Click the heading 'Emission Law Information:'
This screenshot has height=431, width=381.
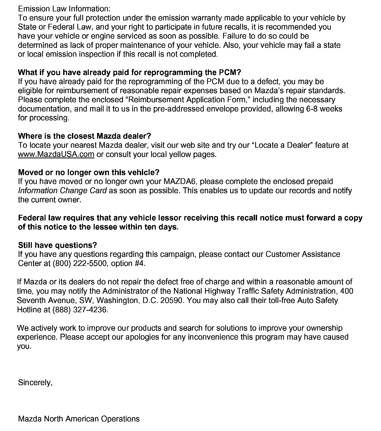(x=64, y=9)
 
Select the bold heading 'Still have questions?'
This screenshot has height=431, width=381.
(x=57, y=245)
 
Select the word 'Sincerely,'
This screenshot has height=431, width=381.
(x=35, y=382)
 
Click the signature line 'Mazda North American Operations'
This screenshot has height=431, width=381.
(x=79, y=419)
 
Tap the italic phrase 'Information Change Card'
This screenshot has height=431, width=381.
(x=62, y=191)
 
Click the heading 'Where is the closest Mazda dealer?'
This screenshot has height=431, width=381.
(x=84, y=136)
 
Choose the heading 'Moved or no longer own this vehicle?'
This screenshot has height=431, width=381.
(x=89, y=172)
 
